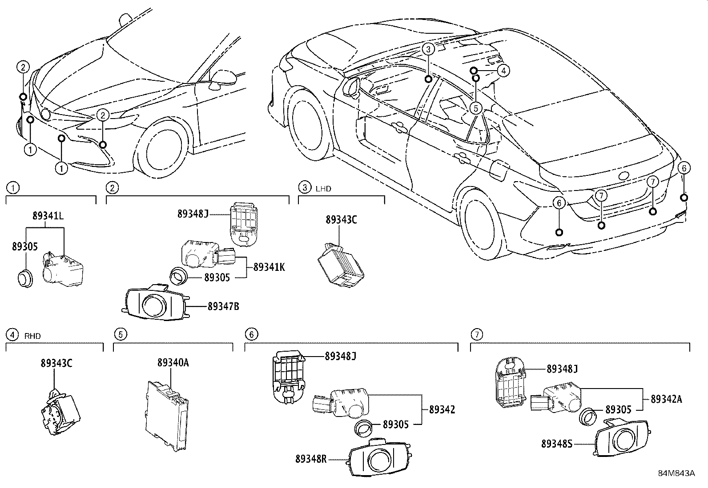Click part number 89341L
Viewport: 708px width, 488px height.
pos(48,216)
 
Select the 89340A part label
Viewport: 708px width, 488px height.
pos(173,363)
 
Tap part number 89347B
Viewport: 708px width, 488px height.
pos(223,306)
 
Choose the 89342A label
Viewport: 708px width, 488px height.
pos(666,399)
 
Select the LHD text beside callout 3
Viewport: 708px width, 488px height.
pos(323,188)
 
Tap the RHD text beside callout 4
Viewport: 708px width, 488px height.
pos(32,336)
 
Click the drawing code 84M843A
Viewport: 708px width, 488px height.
pos(676,473)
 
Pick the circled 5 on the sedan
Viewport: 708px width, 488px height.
pos(476,107)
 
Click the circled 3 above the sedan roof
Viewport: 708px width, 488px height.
pos(427,49)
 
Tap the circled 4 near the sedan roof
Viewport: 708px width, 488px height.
pos(503,70)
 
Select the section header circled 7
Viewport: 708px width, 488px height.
pos(476,334)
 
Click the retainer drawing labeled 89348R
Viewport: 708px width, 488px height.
pos(378,459)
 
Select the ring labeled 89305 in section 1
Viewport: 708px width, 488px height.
pos(25,278)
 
